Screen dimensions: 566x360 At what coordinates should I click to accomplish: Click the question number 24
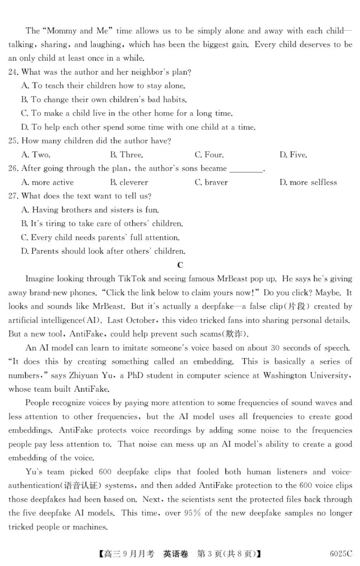(13, 72)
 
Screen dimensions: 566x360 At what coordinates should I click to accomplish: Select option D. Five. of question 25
(293, 154)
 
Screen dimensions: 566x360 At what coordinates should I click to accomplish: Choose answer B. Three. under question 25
(126, 154)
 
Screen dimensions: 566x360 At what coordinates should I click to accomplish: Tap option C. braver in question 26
(211, 182)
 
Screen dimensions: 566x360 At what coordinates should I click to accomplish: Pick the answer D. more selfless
(308, 182)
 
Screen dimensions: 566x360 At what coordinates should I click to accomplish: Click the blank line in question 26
(246, 169)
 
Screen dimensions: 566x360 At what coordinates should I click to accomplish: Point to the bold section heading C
(180, 265)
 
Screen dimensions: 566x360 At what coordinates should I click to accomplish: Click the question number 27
(13, 196)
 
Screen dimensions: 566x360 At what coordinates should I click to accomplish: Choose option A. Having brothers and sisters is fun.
(90, 210)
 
